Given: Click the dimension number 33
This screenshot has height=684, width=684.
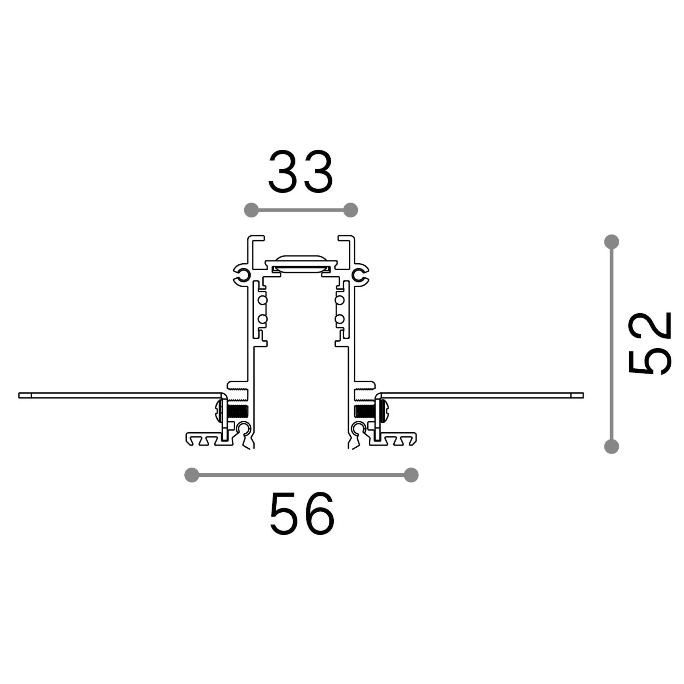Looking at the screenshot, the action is pos(301,172).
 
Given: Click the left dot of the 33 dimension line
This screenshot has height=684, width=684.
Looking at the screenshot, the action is pos(251,210).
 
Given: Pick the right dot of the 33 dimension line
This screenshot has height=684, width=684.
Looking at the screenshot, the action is pos(351,210).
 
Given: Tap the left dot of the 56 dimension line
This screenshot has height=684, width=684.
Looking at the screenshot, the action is pos(192,475).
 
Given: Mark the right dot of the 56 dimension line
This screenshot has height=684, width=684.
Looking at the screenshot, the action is pos(411,475).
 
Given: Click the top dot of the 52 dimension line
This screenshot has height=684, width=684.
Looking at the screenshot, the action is pos(611,242).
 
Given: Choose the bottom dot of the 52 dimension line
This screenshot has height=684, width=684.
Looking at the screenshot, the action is pos(611,446).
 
